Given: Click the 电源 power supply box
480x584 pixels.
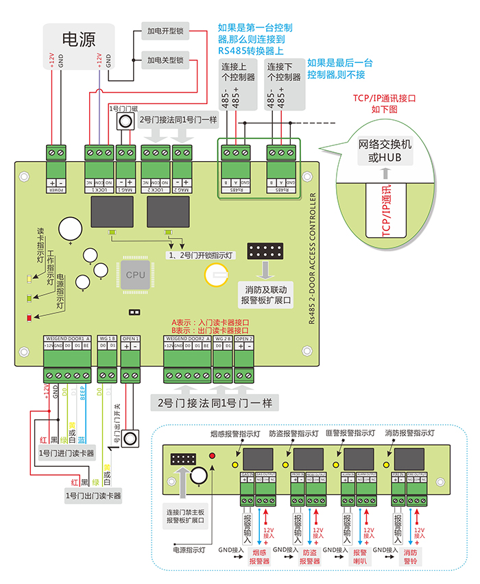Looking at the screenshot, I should pos(78,38).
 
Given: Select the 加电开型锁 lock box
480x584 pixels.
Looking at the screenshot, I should pos(165,32).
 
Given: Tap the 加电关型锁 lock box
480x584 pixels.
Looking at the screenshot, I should pos(165,60).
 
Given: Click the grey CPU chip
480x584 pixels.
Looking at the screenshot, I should pos(135,274).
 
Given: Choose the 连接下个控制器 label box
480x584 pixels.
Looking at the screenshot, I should pos(284,73).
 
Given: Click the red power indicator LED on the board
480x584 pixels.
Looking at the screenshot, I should pos(29,317).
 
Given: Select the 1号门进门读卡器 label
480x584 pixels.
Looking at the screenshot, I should pos(67,453).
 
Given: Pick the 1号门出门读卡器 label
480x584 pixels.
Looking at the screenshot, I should pos(93,495).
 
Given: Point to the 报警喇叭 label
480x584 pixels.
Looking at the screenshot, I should pos(360,557).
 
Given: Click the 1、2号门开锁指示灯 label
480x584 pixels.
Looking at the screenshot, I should pos(201,254).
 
